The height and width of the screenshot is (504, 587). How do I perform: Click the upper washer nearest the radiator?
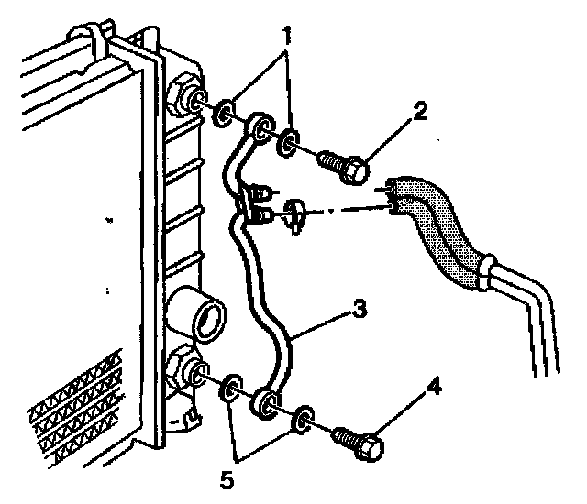click(221, 115)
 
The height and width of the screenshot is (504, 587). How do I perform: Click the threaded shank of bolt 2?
click(330, 161)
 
